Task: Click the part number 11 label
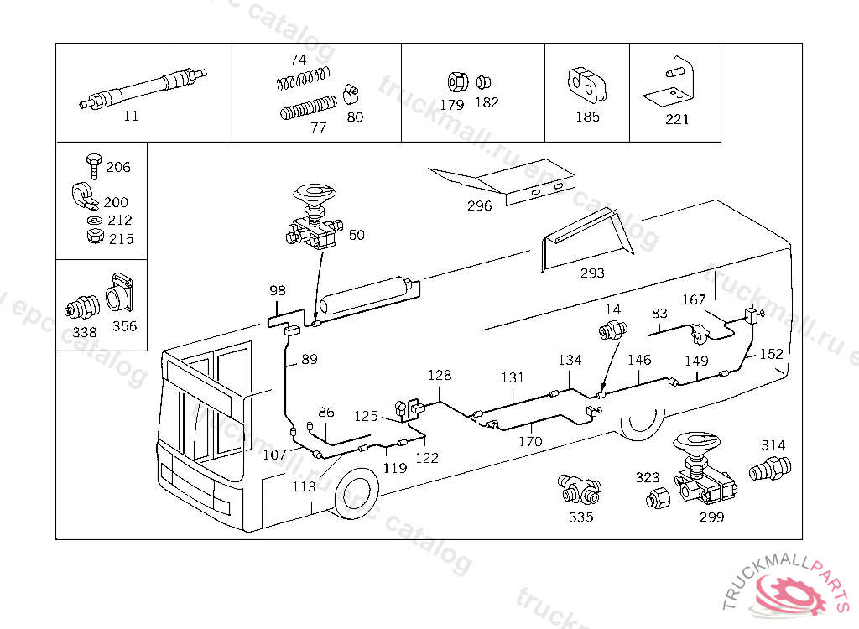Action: (131, 116)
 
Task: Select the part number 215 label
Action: (121, 239)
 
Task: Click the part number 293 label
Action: (592, 273)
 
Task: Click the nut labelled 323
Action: (655, 498)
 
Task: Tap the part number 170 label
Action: (530, 441)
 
